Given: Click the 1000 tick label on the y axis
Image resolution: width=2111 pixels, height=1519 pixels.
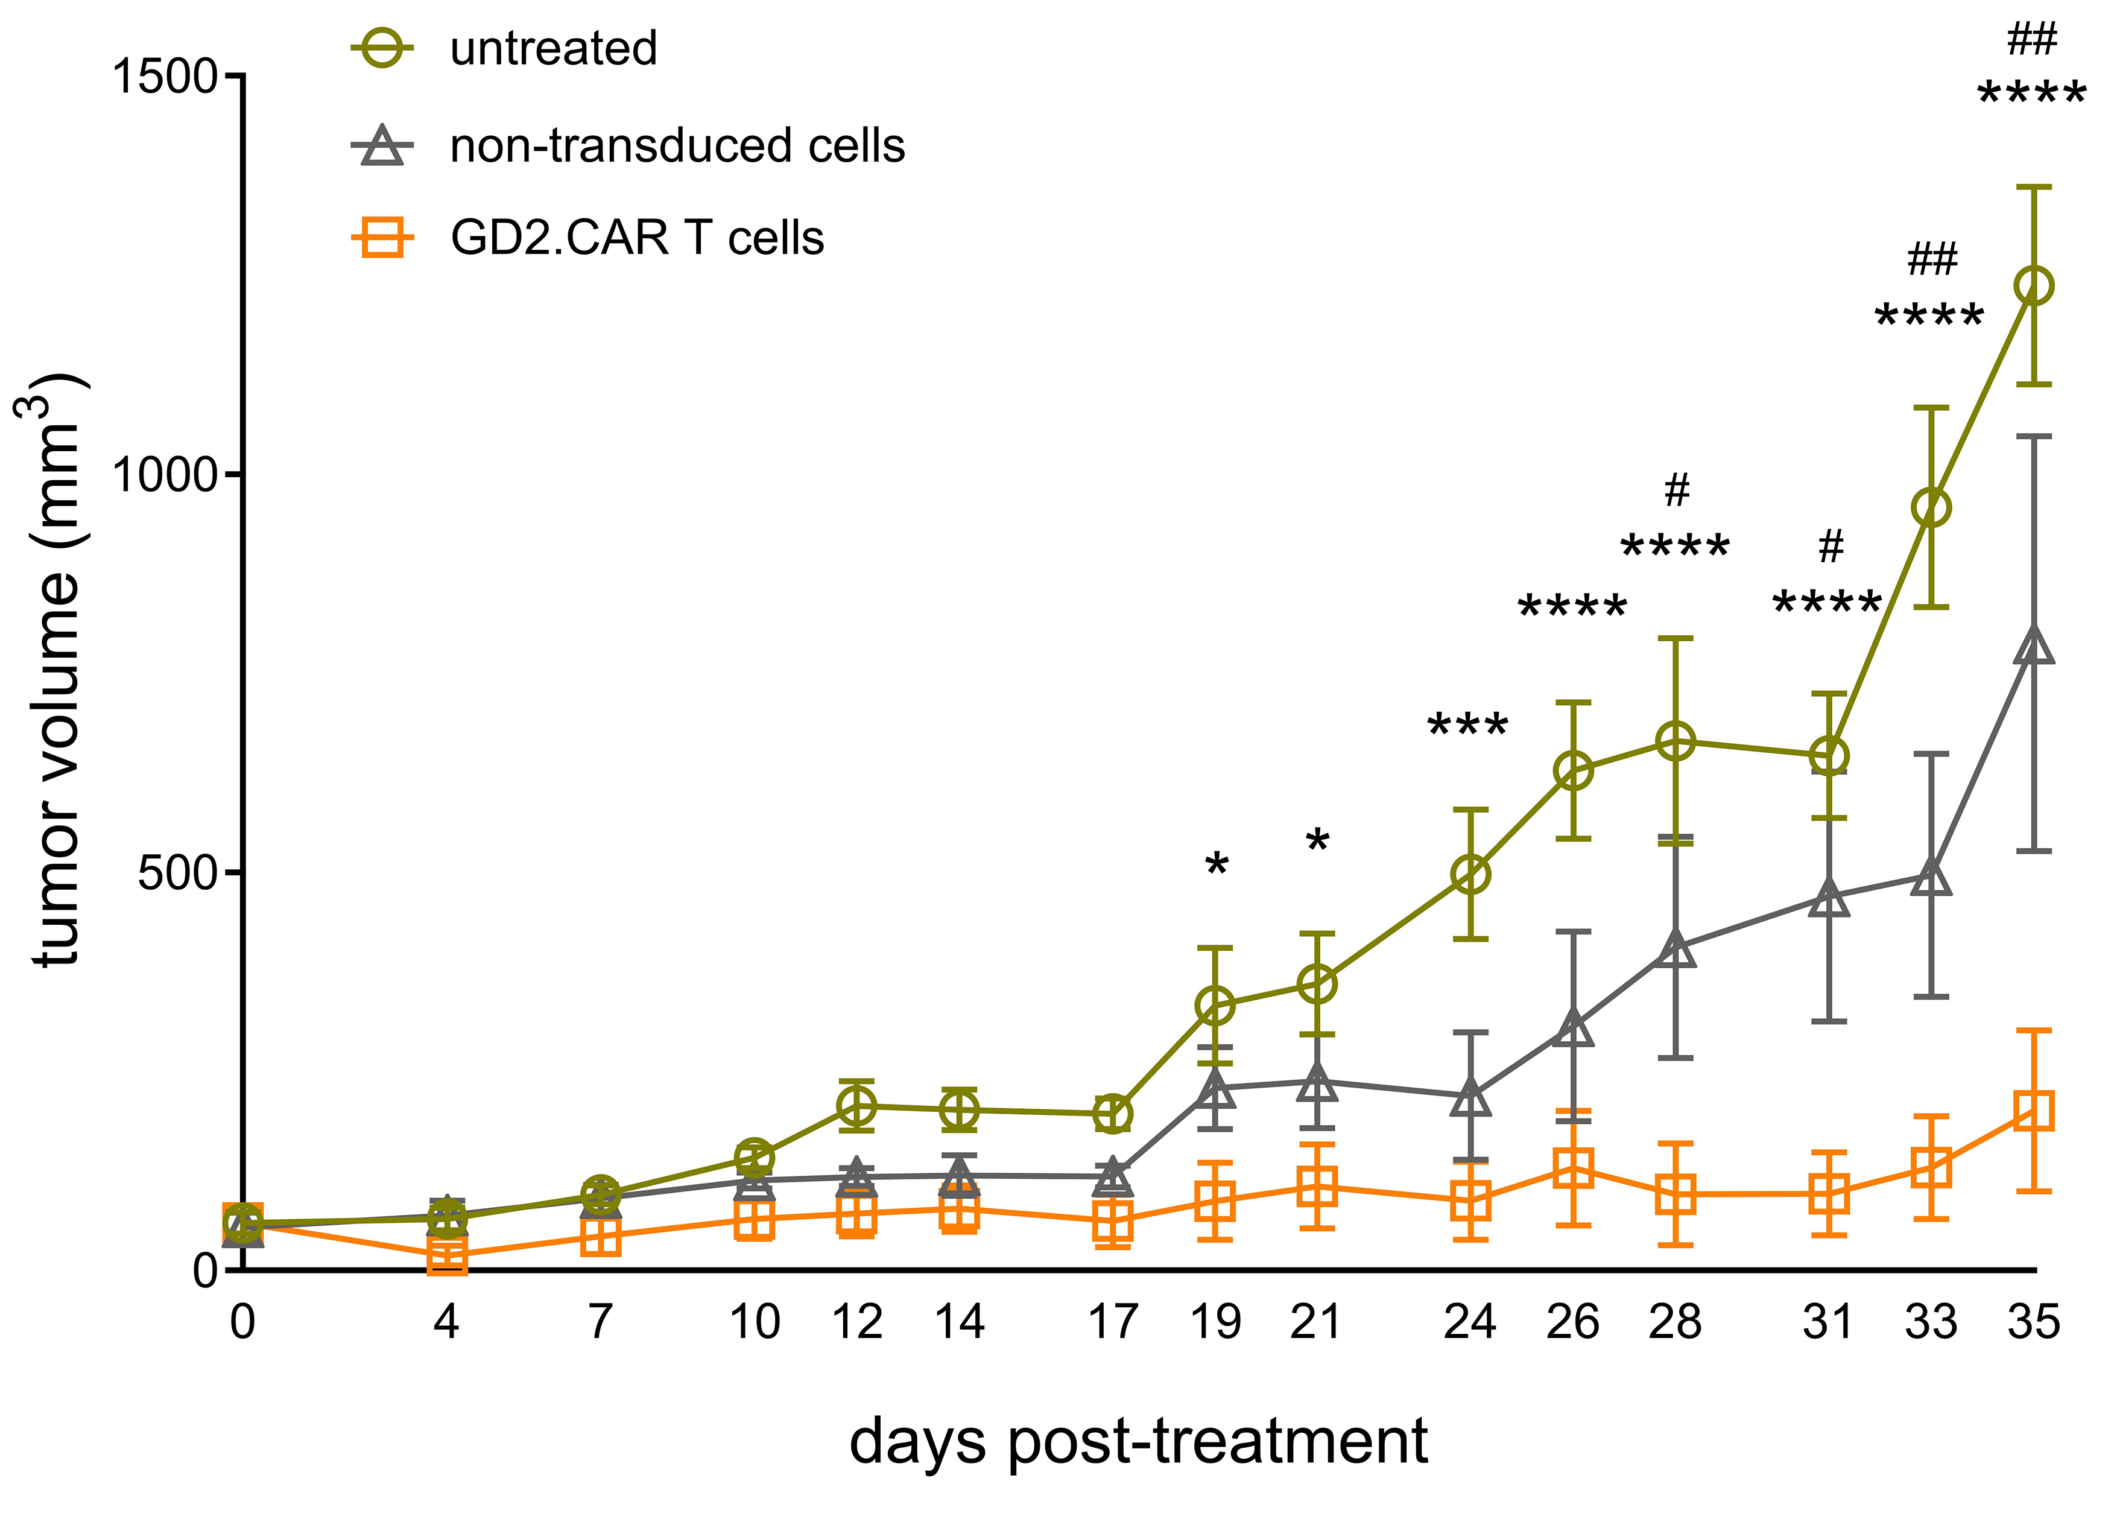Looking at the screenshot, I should click(x=165, y=475).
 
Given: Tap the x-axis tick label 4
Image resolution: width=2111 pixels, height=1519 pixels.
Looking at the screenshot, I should click(x=447, y=1322).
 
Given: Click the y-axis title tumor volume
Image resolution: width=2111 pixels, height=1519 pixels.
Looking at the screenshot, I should click(x=56, y=670).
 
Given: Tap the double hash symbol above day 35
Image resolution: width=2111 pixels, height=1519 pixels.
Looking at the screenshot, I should click(x=2032, y=40).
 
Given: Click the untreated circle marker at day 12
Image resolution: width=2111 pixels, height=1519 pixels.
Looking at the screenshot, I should click(x=856, y=1106).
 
